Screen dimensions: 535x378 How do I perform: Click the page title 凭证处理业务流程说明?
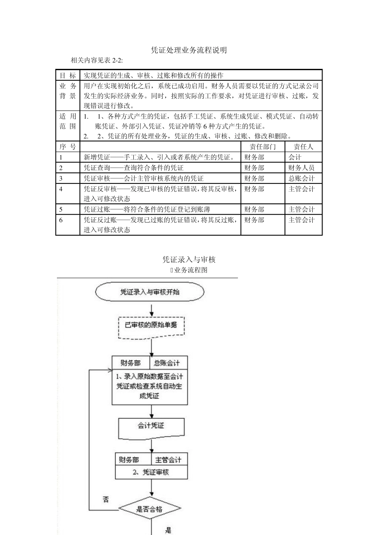189,50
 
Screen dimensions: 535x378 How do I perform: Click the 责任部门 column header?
263,146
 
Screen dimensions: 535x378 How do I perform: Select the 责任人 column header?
303,146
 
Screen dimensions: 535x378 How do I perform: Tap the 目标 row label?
68,75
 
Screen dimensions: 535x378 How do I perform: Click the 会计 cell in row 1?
295,157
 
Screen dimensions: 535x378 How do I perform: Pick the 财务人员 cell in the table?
301,168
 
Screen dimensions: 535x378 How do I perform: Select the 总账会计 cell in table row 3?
301,178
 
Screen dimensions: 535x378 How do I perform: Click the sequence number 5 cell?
61,209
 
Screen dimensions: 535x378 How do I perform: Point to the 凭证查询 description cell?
134,168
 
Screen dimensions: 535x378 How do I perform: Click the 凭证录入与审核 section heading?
189,260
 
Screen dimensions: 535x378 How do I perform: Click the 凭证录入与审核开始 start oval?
150,292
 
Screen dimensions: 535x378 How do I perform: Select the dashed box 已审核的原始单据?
151,325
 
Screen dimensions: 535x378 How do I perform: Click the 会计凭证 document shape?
151,426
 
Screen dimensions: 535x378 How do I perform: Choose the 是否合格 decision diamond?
150,509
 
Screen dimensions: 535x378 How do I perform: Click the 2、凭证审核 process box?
151,472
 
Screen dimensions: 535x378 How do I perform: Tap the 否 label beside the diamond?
106,499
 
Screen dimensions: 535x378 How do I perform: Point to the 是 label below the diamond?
168,529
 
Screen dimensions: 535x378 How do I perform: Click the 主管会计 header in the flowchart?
168,460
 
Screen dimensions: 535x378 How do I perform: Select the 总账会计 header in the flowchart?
167,363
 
